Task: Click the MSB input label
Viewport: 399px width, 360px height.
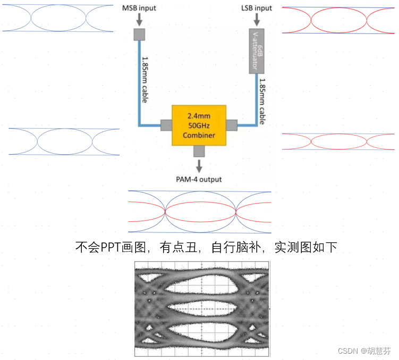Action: click(x=139, y=8)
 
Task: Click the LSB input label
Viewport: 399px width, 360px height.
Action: click(x=256, y=8)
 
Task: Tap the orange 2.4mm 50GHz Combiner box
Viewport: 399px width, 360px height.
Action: click(x=198, y=125)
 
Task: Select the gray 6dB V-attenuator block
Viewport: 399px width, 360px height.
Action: click(x=257, y=52)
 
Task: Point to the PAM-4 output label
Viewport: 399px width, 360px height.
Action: click(x=199, y=179)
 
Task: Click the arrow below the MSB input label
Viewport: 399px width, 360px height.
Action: click(x=139, y=20)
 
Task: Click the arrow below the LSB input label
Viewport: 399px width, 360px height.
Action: click(x=258, y=20)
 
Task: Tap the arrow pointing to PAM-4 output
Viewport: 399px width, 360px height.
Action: click(x=199, y=165)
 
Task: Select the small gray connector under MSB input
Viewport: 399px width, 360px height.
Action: click(x=139, y=35)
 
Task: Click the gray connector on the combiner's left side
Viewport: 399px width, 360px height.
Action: click(x=166, y=125)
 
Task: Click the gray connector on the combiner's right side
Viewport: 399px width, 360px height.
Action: click(x=231, y=125)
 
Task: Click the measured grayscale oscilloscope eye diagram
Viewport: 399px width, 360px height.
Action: click(x=203, y=308)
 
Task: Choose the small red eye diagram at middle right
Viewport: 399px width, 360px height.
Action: click(x=338, y=141)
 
